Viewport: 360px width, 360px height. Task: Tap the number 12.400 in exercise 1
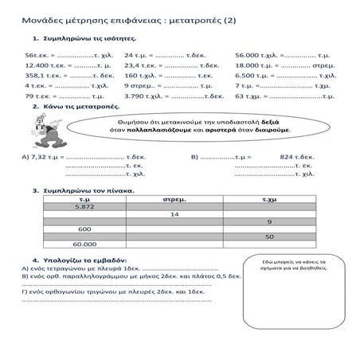37,64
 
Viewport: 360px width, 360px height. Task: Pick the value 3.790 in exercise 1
135,95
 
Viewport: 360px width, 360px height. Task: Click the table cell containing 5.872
84,205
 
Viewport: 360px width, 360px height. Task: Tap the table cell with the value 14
174,213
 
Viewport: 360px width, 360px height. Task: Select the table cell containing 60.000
84,244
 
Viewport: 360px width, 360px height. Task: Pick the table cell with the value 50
269,236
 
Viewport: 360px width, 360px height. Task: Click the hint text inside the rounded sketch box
295,267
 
